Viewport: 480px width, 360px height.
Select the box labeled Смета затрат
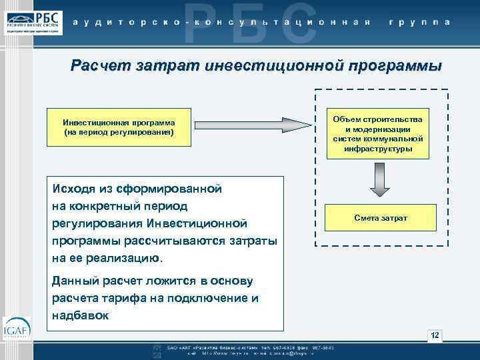click(x=381, y=218)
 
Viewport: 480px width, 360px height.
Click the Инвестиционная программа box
click(x=119, y=127)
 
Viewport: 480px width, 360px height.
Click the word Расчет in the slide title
click(x=101, y=66)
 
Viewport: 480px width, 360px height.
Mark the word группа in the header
click(x=418, y=21)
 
